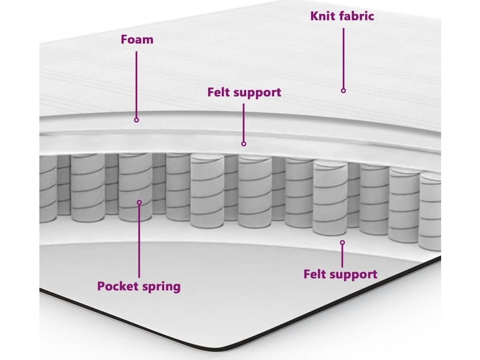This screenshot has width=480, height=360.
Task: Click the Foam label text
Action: point(137,39)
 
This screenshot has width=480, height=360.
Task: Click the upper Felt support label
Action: point(244,92)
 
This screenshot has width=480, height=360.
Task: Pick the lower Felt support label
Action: point(340,274)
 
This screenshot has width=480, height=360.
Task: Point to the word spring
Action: point(162,286)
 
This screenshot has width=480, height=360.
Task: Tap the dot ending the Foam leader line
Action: point(136,120)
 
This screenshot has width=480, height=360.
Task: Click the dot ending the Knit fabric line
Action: point(343,90)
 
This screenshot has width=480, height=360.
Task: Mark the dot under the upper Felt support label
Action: point(244,143)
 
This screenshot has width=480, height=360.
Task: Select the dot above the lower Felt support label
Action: point(342,242)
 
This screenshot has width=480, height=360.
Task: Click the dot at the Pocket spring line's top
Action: point(139,202)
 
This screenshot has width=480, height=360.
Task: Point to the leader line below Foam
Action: point(136,84)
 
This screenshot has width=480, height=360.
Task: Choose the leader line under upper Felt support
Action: point(244,122)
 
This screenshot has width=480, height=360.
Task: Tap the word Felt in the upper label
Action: point(219,92)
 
